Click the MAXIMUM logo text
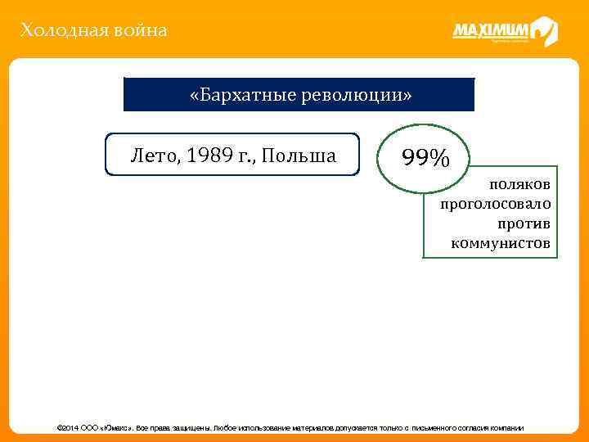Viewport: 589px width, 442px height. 490,31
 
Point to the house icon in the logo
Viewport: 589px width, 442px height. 545,32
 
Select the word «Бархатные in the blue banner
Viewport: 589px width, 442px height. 237,94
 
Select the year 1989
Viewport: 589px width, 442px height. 208,156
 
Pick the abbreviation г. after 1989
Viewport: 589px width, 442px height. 247,156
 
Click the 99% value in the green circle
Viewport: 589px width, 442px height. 425,156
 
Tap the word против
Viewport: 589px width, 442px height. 524,224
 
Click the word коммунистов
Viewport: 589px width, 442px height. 501,244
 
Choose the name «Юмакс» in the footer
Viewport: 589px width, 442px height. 116,428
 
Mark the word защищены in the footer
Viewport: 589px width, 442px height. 191,428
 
